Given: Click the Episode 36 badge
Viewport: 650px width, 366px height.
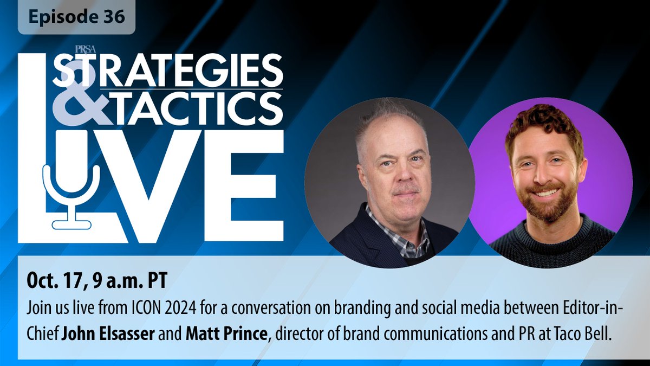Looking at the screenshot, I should click(76, 17).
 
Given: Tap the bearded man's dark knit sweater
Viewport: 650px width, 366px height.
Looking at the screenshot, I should click(552, 244).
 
